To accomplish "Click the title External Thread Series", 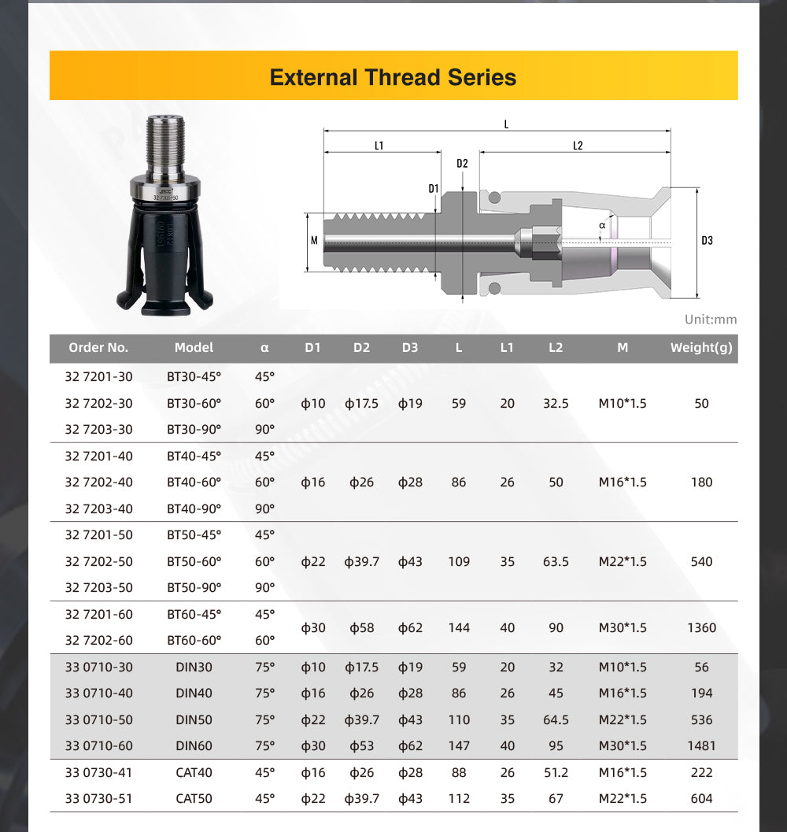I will coord(393,77).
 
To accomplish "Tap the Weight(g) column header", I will coord(700,347).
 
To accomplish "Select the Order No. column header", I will coord(98,347).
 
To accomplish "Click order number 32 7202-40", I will coord(98,482).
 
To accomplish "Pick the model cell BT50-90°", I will coord(194,587).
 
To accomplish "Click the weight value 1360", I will coord(701,627).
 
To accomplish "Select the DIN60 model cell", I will coord(194,745).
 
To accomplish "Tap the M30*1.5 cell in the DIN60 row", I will coord(623,745).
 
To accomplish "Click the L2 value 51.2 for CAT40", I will coord(556,772).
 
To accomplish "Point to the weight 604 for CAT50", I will coord(701,798).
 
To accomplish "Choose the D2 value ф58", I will coord(361,627).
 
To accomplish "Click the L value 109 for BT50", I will coord(459,561).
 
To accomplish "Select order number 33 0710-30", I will coord(98,667).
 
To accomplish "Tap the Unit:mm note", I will coord(711,320).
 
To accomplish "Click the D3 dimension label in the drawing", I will coord(707,240).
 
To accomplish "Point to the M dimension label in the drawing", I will coord(314,240).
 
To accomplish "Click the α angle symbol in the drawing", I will coord(602,225).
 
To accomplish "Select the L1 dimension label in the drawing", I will coord(379,146).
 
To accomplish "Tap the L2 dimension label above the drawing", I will coord(577,146).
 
